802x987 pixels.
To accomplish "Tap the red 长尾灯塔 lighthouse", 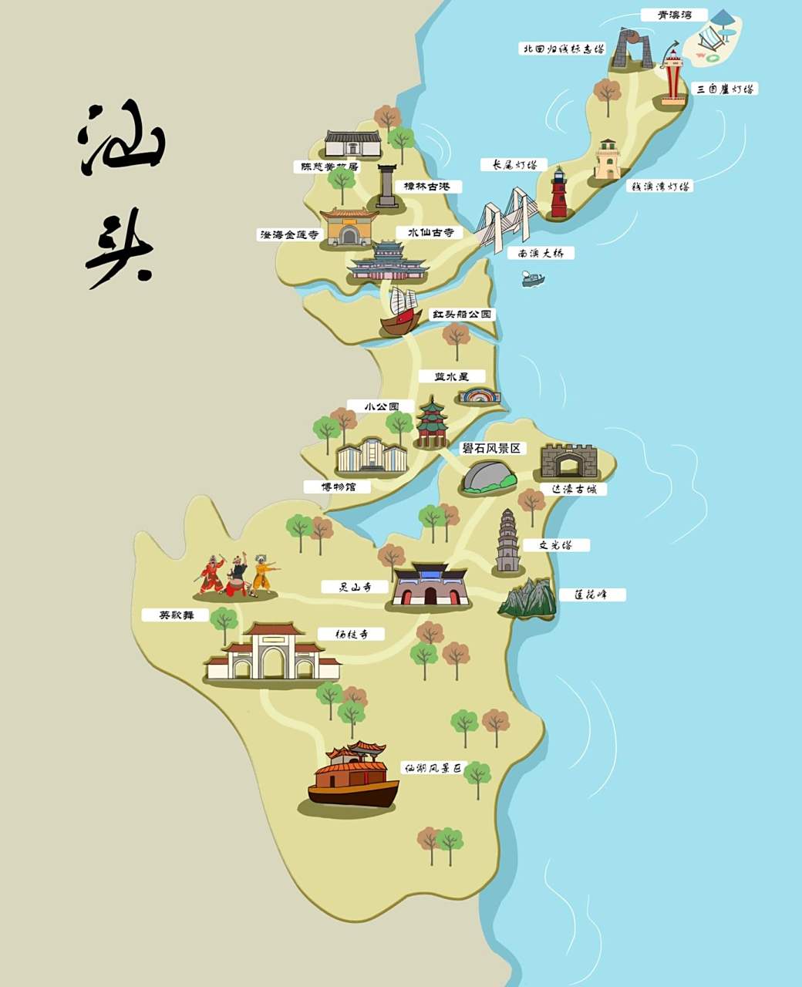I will point(558,193).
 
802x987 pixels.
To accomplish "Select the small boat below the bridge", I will point(533,279).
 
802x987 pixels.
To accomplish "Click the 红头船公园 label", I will point(462,315).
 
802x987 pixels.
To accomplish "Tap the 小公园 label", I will point(383,406).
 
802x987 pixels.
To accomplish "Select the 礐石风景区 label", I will point(491,449).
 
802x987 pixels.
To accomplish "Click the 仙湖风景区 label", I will point(434,769).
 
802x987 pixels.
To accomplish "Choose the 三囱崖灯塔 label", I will point(725,89).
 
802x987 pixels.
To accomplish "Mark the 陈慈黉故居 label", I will point(326,167).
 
